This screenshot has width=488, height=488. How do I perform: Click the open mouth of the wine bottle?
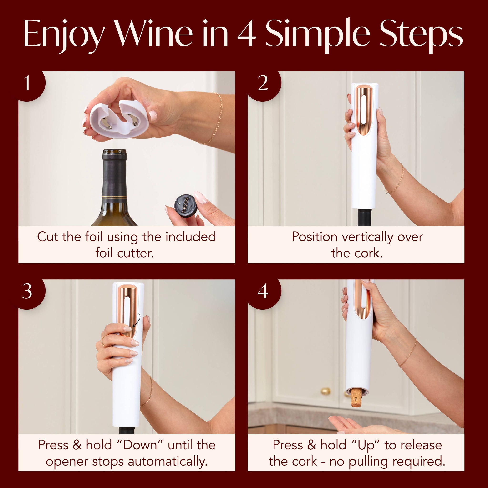click(115, 152)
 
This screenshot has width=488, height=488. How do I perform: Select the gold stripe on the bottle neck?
click(114, 197)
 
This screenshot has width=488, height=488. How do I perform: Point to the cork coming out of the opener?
click(357, 398)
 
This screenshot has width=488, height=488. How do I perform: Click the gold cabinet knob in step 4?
click(325, 391)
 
